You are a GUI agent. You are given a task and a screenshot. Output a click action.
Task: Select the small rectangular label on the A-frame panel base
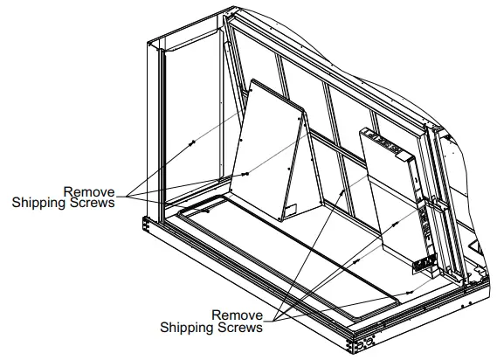pos(292,211)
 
